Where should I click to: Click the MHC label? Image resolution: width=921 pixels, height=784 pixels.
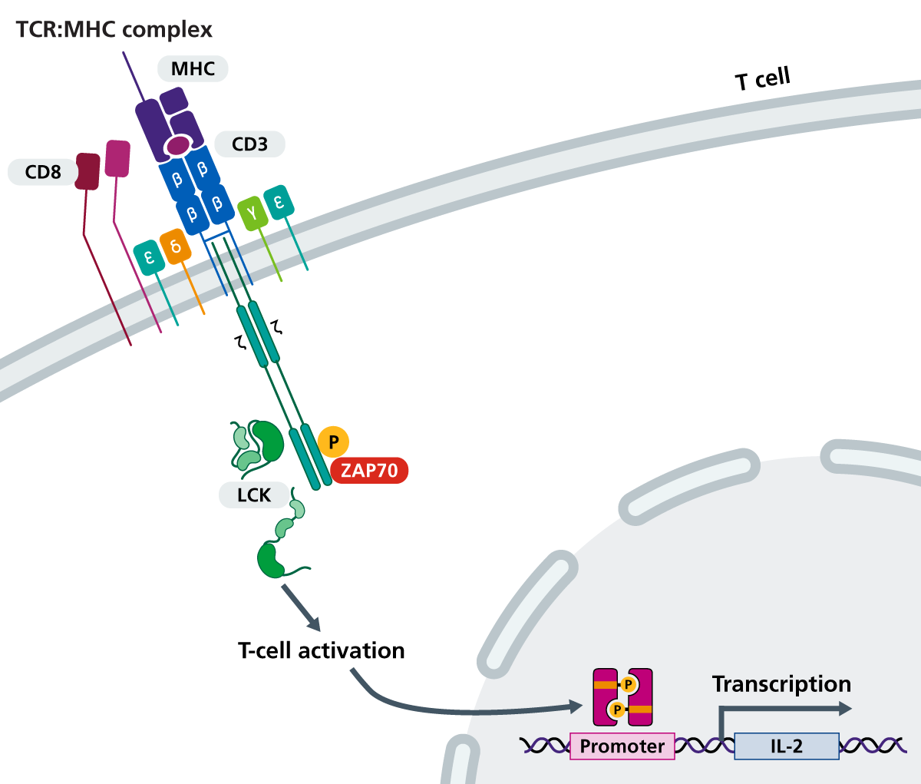193,69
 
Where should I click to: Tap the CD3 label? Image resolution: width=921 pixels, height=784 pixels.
249,144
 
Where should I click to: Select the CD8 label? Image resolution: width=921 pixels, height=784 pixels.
43,172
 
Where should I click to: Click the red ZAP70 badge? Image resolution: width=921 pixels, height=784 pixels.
369,470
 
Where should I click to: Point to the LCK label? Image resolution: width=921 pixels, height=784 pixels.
253,495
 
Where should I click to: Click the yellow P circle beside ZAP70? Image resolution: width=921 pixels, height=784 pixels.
333,442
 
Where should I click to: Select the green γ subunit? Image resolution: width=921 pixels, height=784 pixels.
252,213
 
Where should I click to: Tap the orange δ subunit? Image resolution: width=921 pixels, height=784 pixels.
176,247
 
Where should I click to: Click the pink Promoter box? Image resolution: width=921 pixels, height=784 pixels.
622,746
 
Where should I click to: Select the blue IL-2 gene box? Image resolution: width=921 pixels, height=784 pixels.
787,746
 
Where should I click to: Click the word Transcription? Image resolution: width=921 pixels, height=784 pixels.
781,683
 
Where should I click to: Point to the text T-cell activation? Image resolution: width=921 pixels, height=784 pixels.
321,650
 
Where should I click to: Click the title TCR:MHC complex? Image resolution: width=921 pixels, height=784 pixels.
114,30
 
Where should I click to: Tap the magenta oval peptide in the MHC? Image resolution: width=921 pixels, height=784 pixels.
179,144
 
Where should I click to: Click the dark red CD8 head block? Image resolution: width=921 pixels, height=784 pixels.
87,170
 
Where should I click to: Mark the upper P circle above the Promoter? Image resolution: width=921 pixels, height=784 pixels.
628,684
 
